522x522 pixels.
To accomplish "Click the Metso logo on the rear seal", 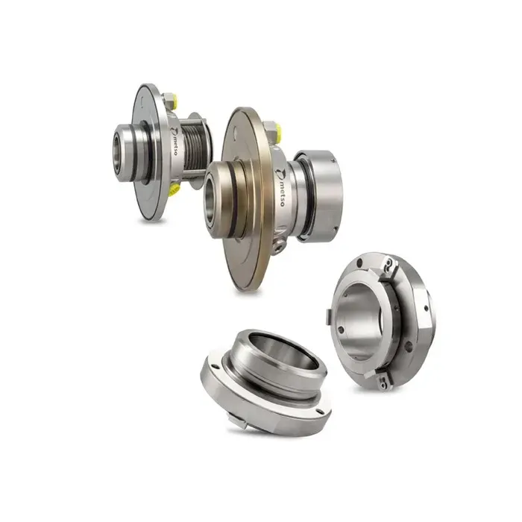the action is pos(174,141).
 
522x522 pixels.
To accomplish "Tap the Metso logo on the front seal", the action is pos(280,187).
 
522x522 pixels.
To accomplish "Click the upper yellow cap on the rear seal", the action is pos(174,98).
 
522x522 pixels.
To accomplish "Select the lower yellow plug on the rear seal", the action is pos(174,190).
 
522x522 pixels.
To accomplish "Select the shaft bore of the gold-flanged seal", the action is pos(211,200).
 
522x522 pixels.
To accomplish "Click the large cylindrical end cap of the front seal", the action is pos(321,195).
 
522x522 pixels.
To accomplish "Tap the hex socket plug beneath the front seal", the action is pos(278,246).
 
